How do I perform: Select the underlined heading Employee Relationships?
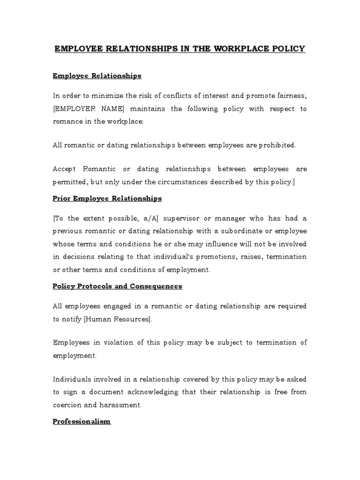[97, 75]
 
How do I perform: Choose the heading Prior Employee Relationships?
[107, 198]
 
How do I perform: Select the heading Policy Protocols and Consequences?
[117, 286]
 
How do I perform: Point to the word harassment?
[123, 404]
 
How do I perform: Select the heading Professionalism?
[82, 421]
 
